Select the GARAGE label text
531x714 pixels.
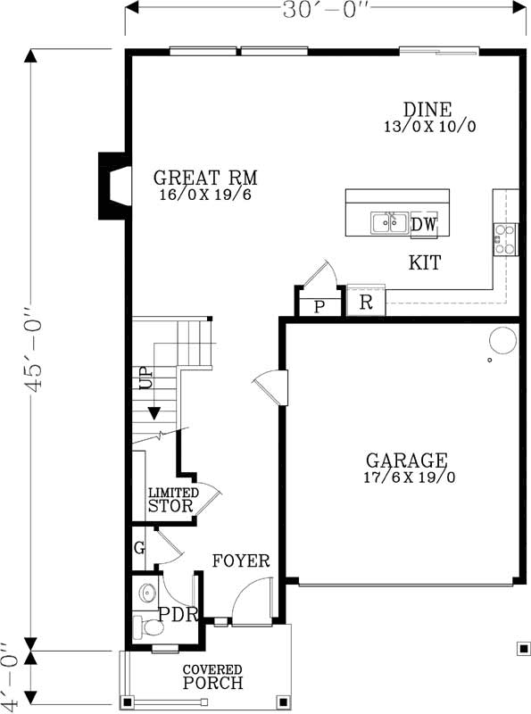coord(406,461)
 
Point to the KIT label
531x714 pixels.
coord(425,263)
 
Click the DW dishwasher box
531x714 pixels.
coord(424,225)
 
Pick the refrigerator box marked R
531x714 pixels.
coord(366,302)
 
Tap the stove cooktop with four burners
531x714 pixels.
coord(505,238)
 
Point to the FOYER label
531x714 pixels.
coord(241,561)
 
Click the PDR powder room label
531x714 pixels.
coord(171,614)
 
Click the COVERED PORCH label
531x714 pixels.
coord(212,677)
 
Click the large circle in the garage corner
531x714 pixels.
coord(502,340)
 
